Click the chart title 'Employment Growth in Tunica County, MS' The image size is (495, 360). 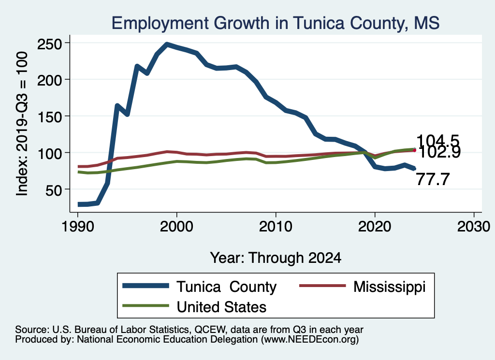(276, 23)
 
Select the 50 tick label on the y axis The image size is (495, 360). (54, 190)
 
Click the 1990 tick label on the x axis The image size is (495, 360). (78, 227)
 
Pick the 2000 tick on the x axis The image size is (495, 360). (177, 227)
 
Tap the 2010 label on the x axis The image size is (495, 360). (276, 227)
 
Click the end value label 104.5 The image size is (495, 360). (437, 141)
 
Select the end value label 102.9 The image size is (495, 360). (438, 152)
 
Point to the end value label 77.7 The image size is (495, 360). (433, 180)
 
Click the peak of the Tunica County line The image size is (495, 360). (167, 44)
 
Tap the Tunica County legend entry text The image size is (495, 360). (226, 287)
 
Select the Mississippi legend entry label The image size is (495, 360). (389, 287)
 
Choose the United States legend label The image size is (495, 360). (222, 306)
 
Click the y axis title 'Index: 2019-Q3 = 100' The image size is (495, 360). (22, 124)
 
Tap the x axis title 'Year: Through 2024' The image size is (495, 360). (276, 258)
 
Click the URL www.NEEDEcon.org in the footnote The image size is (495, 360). (309, 340)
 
